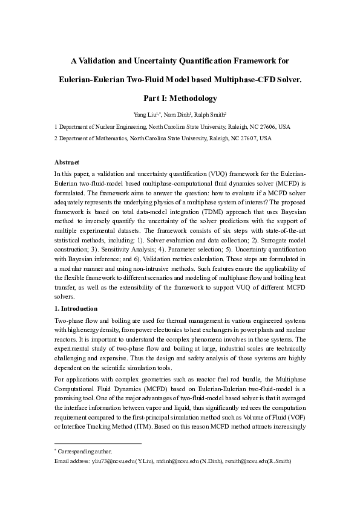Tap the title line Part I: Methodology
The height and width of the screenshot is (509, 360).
[180, 97]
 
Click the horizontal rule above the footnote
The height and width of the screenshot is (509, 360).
[97, 444]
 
